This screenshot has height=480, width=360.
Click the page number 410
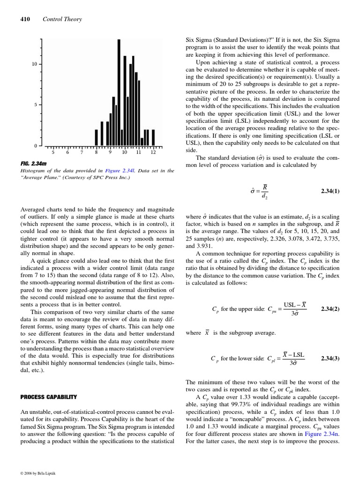[x=25, y=19]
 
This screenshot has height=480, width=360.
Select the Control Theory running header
[x=62, y=19]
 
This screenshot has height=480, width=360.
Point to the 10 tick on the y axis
[x=34, y=64]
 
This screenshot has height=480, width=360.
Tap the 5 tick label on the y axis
[x=36, y=105]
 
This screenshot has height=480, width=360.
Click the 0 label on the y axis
[x=36, y=145]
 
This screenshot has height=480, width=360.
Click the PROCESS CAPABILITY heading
[x=48, y=397]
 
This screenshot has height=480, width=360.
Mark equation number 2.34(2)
[x=330, y=309]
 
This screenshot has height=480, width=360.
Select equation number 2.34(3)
[x=330, y=359]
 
